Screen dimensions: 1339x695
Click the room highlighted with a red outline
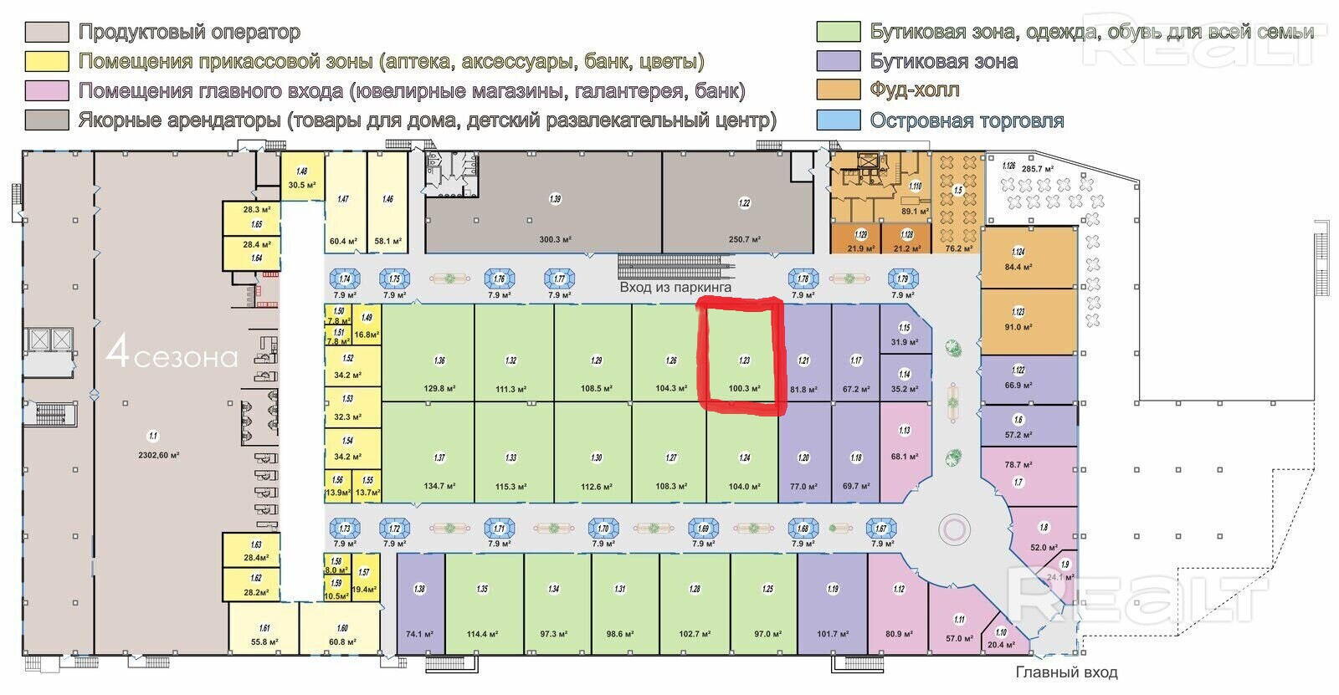click(x=742, y=355)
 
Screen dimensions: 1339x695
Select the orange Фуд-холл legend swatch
click(x=839, y=90)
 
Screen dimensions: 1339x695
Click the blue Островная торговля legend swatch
click(x=839, y=120)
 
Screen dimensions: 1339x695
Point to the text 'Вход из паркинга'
click(x=675, y=287)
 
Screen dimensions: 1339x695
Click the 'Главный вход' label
click(x=1066, y=672)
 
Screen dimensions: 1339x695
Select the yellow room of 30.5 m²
click(x=301, y=177)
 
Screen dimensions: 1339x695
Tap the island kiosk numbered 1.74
click(x=345, y=279)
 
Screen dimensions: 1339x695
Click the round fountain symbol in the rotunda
click(x=952, y=529)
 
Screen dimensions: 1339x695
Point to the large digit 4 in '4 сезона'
click(x=118, y=355)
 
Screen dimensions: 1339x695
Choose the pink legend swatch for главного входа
click(x=47, y=90)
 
